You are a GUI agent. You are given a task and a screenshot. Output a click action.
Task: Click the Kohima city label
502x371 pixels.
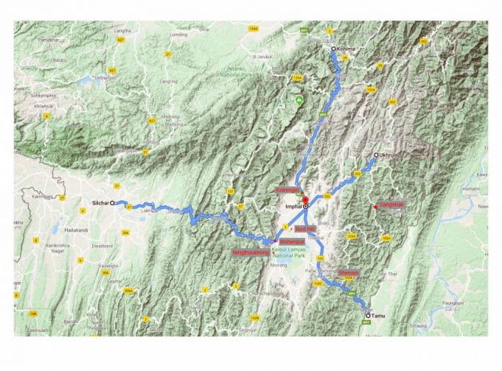346,49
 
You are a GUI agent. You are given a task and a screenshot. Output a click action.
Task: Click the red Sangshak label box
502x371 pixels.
391,204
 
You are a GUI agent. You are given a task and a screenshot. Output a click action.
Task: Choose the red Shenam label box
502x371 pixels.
349,272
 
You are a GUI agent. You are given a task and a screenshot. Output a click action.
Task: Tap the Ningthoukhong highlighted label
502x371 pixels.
248,252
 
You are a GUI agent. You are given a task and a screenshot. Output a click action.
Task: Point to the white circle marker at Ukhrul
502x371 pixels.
375,155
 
